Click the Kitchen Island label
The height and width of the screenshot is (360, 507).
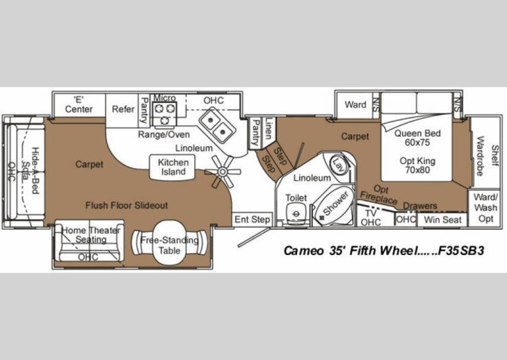tap(173, 167)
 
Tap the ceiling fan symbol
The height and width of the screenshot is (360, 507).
tap(222, 172)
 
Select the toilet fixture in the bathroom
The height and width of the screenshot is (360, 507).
tap(296, 214)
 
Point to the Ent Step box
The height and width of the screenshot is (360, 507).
tap(252, 219)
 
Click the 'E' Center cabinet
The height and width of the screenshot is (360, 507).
tap(79, 105)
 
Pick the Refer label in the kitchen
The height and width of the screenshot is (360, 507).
tap(123, 110)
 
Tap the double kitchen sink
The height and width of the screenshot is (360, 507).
tap(217, 126)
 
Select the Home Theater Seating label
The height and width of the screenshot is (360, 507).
tap(91, 235)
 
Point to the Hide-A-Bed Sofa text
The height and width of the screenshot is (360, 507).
tap(30, 170)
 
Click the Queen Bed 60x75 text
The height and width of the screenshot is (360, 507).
tap(417, 138)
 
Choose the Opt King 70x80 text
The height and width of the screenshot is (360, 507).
tap(417, 165)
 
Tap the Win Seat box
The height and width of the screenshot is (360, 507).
tap(442, 220)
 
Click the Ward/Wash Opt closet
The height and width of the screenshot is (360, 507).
tap(486, 207)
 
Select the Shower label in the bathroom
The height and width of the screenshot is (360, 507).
tap(336, 203)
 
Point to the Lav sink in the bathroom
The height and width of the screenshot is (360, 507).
tap(339, 164)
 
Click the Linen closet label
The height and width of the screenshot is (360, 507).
tap(269, 128)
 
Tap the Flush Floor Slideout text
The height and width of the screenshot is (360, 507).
tap(127, 205)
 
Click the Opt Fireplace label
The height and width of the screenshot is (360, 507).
tap(379, 195)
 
